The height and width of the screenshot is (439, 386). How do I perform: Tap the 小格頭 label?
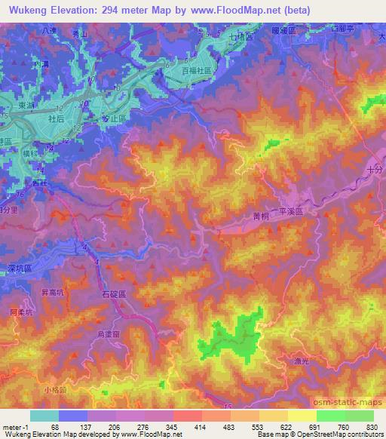click(x=55, y=389)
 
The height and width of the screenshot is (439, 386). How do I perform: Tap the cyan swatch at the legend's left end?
click(x=44, y=415)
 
